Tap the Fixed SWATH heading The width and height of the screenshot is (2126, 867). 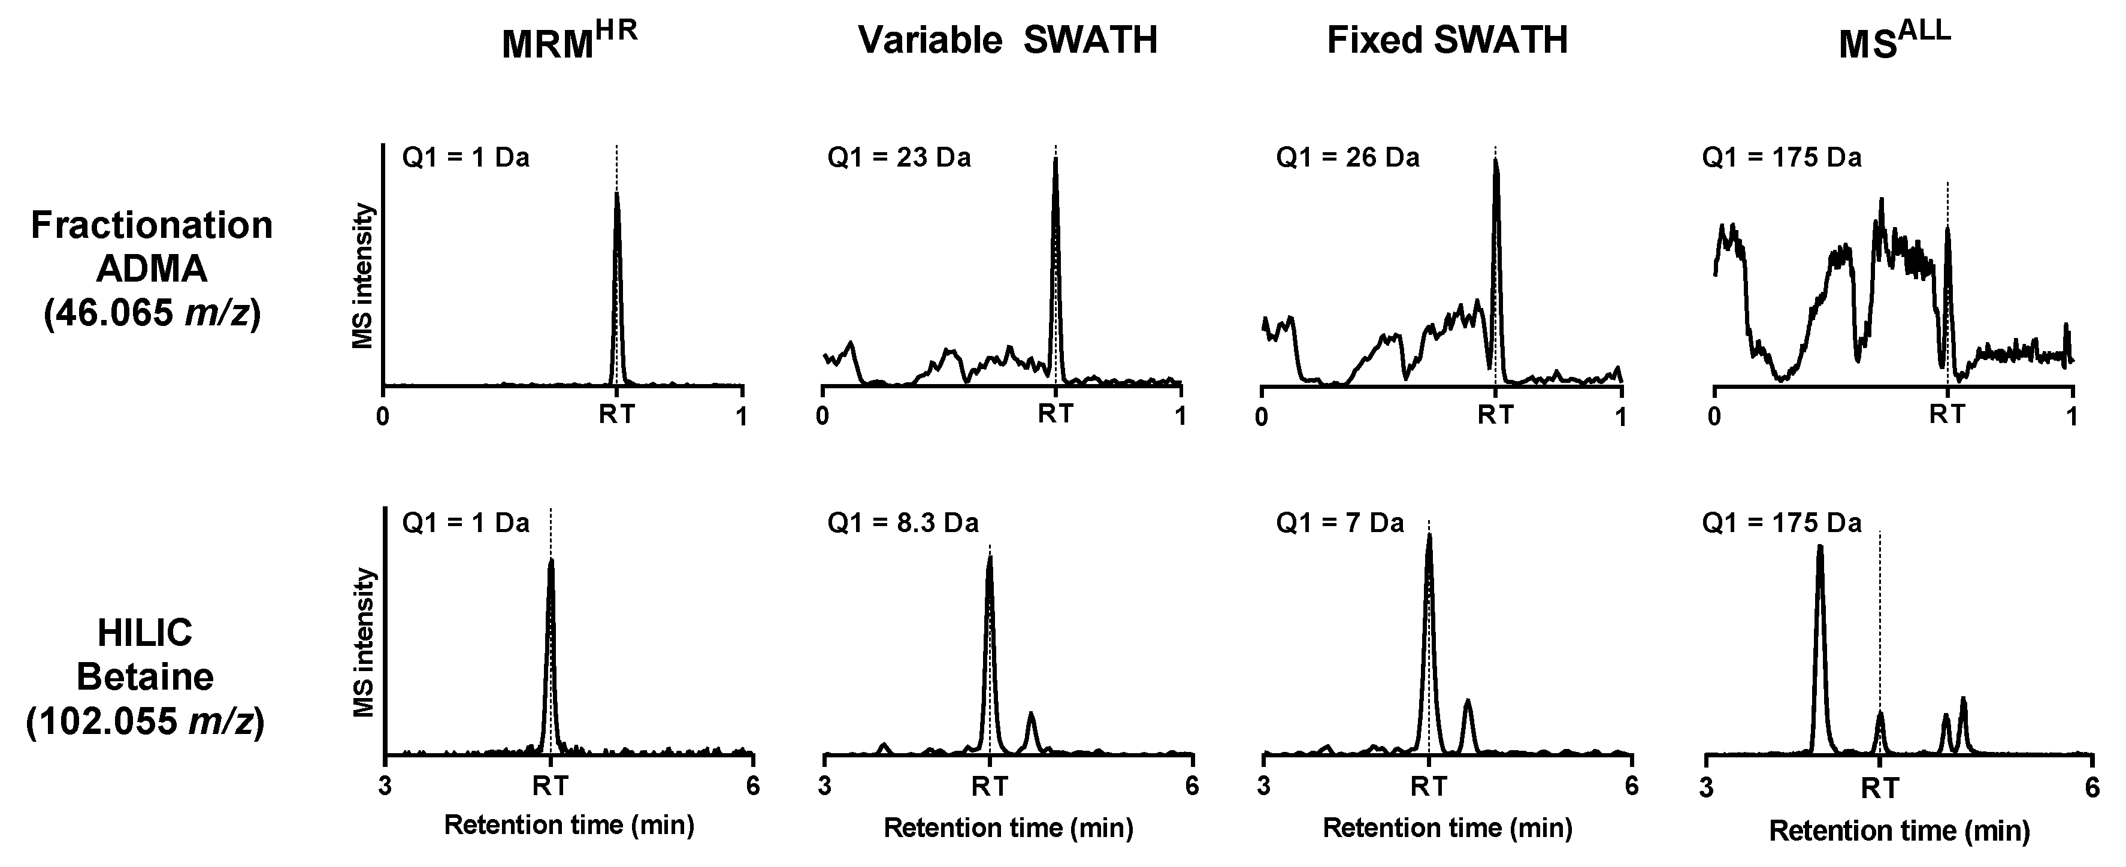coord(1447,40)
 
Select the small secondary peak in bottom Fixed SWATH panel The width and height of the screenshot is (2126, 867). coord(1468,702)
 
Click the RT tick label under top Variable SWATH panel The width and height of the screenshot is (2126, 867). coord(1056,415)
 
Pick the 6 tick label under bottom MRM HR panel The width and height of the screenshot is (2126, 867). coord(752,786)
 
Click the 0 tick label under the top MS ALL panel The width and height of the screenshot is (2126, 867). coord(1715,416)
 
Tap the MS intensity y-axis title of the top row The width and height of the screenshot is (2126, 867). coord(363,277)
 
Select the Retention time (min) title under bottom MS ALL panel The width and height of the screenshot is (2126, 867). coord(1899,830)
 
